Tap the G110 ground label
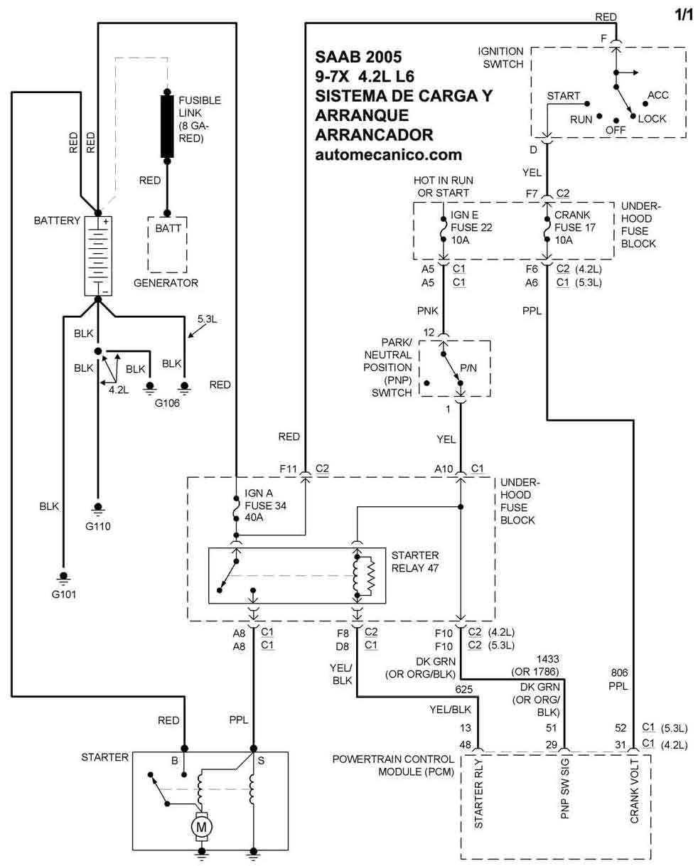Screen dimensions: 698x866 pos(98,525)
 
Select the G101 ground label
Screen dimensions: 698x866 pos(64,594)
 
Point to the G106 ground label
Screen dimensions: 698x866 pos(167,403)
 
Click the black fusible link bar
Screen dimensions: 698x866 pos(167,126)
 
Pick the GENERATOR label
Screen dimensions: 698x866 pos(166,283)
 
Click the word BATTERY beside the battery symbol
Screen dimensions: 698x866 pos(57,220)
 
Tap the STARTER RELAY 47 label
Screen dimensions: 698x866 pos(415,562)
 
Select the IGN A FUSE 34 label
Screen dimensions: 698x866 pos(265,505)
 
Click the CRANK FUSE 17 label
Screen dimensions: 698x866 pos(575,228)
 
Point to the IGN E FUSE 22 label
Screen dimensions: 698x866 pos(471,228)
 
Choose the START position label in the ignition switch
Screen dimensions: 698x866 pos(563,96)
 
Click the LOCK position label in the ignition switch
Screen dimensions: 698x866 pos(652,119)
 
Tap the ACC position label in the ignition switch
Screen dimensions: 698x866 pos(658,95)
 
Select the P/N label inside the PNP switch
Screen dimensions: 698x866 pos(468,368)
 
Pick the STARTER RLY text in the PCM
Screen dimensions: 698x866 pos(478,793)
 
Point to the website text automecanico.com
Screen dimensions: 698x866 pos(388,155)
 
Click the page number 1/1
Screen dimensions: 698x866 pos(684,15)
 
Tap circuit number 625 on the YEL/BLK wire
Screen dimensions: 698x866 pos(463,690)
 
